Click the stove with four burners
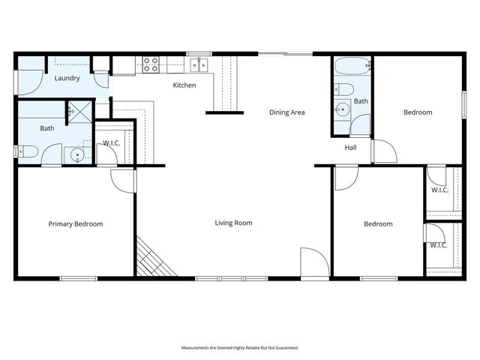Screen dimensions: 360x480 pyautogui.click(x=151, y=65)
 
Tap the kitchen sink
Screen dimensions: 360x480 pyautogui.click(x=199, y=65)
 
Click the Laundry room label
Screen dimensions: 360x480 pyautogui.click(x=67, y=77)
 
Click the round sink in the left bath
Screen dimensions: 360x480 pyautogui.click(x=77, y=155)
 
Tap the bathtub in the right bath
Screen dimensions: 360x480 pyautogui.click(x=352, y=67)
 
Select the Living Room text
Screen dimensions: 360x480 pyautogui.click(x=233, y=223)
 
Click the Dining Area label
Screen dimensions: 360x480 pyautogui.click(x=287, y=112)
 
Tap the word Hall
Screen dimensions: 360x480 pyautogui.click(x=351, y=148)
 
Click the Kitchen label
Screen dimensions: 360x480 pyautogui.click(x=184, y=85)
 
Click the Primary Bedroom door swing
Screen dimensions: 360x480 pyautogui.click(x=122, y=180)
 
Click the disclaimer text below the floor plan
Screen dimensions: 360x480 pyautogui.click(x=240, y=348)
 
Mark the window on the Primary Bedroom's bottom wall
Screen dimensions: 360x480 pyautogui.click(x=79, y=279)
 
